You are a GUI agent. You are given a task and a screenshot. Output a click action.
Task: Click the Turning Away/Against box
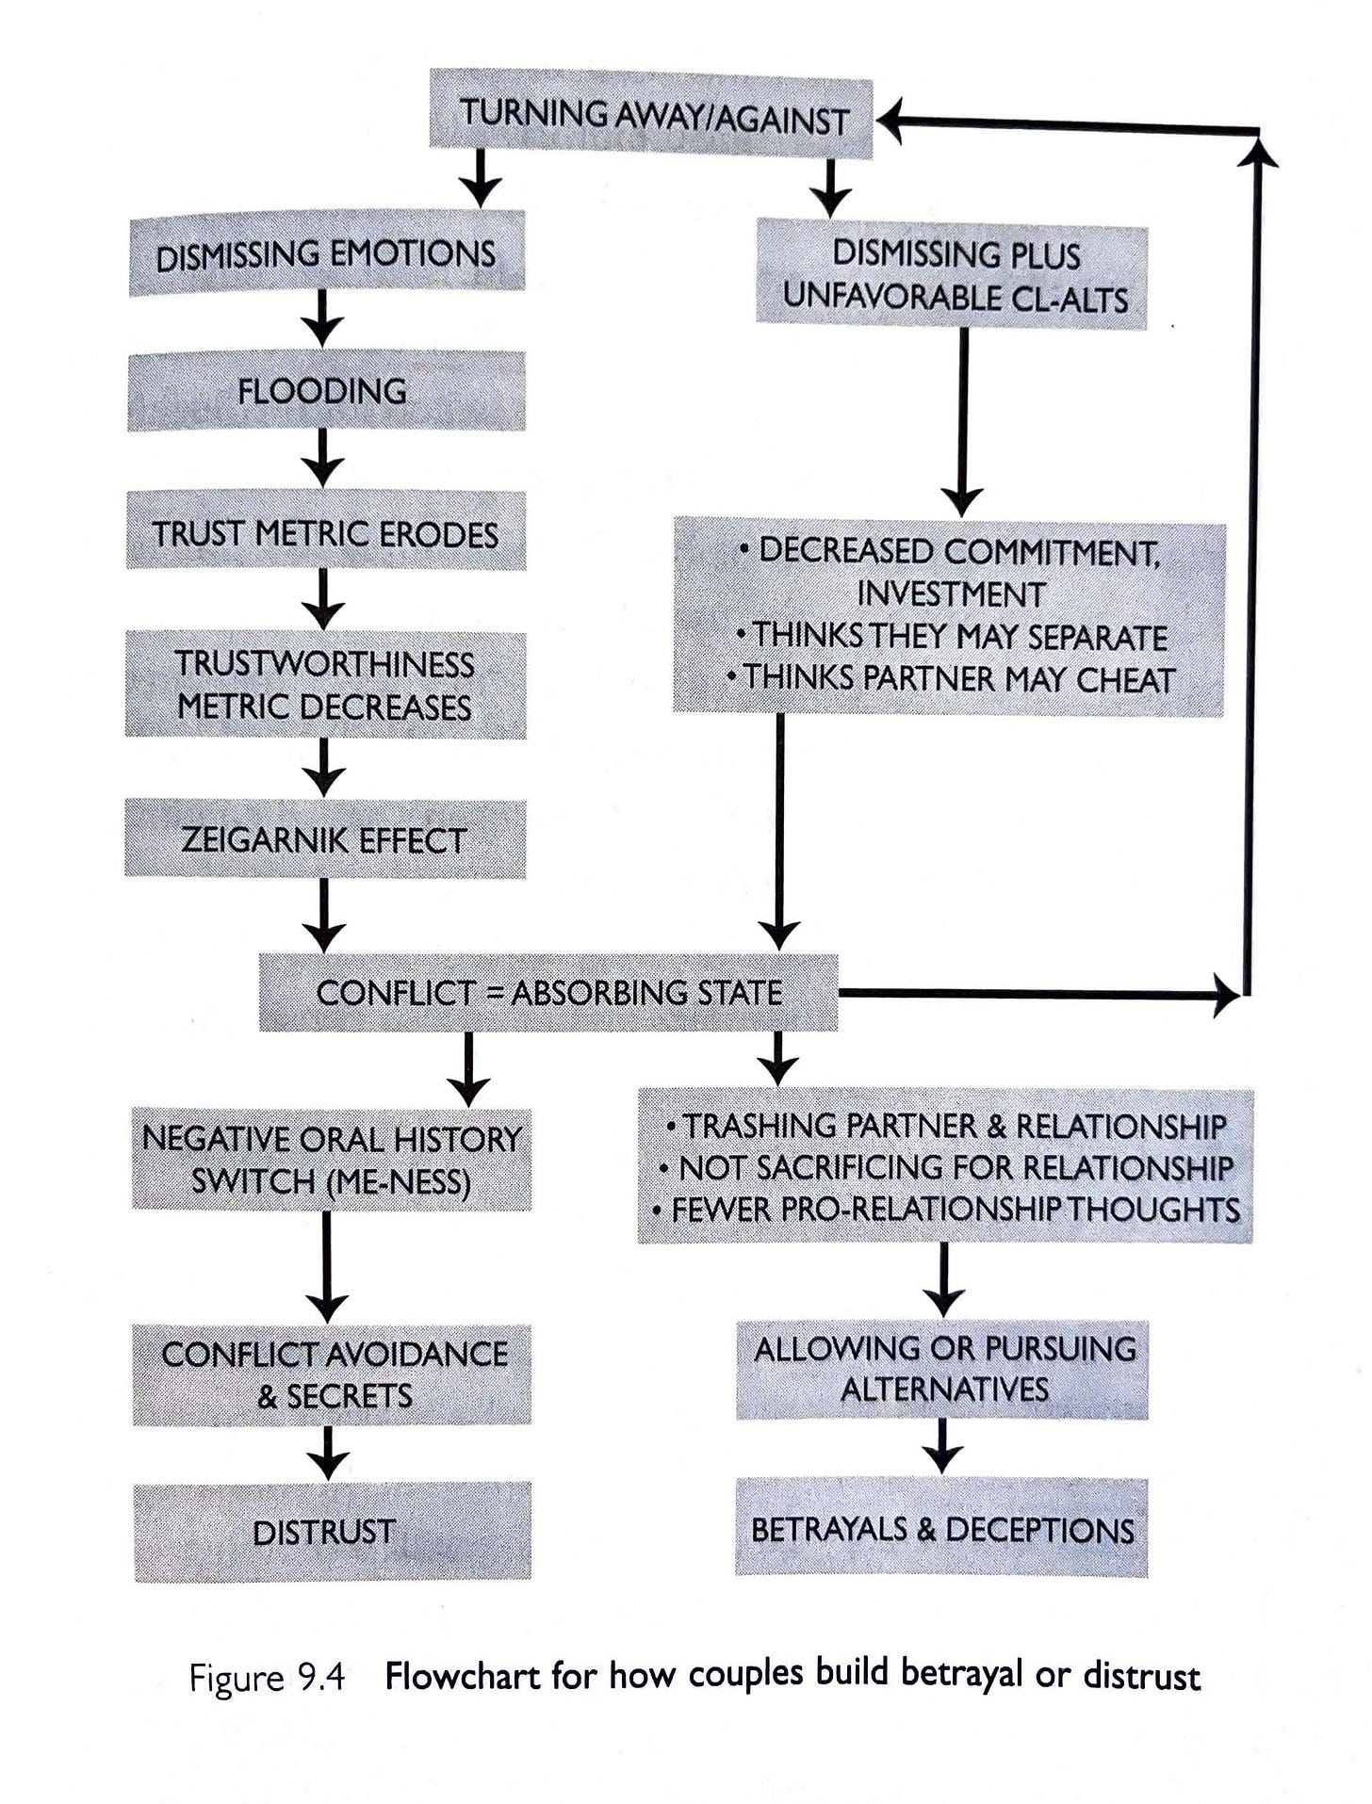(x=651, y=118)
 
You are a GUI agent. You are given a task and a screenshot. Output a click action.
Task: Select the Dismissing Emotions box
(x=326, y=254)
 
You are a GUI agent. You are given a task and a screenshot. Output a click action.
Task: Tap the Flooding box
(x=326, y=391)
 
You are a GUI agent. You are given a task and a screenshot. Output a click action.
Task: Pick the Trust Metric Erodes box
(x=326, y=532)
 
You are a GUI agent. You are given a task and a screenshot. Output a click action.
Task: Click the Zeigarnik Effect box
(x=325, y=839)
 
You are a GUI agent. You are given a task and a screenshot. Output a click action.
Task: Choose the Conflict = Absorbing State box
(x=548, y=992)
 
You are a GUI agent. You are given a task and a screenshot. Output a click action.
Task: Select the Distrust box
(x=332, y=1532)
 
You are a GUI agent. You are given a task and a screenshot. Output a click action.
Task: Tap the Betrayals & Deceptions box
(x=941, y=1528)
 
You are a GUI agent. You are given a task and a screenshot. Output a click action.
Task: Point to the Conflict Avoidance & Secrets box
(x=332, y=1374)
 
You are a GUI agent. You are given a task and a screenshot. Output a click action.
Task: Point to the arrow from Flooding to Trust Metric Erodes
(x=323, y=459)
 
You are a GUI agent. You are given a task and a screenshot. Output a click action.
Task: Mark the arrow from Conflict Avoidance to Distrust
(x=328, y=1453)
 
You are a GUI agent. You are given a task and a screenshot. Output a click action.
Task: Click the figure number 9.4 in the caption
(x=320, y=1679)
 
